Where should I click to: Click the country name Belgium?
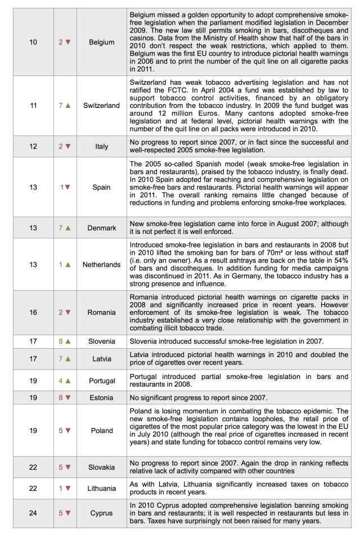(x=102, y=42)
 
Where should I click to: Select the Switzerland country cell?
(x=101, y=105)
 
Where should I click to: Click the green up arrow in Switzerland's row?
(x=68, y=105)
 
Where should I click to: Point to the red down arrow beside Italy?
(x=68, y=146)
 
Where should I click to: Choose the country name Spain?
(x=102, y=187)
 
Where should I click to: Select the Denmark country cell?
(x=102, y=228)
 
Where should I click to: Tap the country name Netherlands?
(x=101, y=264)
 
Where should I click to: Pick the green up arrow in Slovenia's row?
(x=68, y=341)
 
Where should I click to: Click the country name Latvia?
(x=102, y=359)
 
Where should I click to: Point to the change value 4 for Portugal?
(x=61, y=381)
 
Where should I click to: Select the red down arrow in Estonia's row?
(x=68, y=397)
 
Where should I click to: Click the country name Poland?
(x=102, y=431)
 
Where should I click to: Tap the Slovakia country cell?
(x=102, y=467)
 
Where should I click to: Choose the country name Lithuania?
(x=102, y=489)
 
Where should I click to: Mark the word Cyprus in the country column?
(x=102, y=513)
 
